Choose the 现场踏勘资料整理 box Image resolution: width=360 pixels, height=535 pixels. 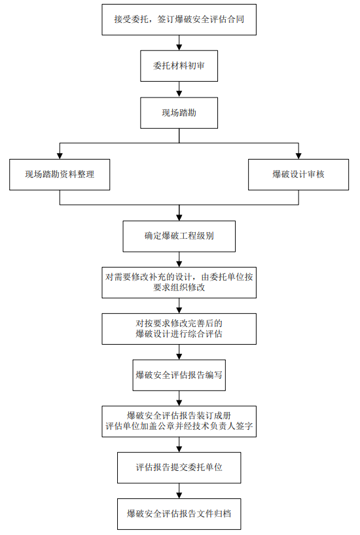point(60,175)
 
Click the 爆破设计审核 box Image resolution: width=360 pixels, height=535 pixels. point(298,175)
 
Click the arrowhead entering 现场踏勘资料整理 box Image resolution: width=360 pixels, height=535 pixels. point(60,156)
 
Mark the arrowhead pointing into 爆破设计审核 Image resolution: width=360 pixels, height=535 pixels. point(298,156)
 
